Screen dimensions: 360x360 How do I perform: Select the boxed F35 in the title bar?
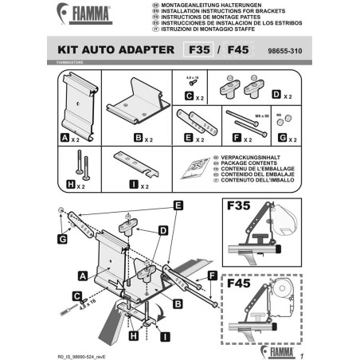pos(197,49)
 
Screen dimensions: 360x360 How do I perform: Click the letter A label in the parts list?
pos(65,137)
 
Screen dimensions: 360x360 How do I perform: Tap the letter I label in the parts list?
pos(120,186)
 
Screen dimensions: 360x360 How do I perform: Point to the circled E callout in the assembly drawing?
pos(178,205)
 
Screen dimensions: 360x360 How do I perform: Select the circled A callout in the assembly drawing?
pos(83,275)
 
